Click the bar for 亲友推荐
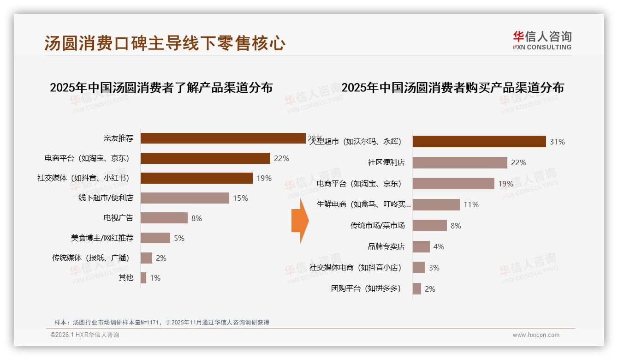pyautogui.click(x=223, y=138)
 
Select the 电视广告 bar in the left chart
pyautogui.click(x=164, y=218)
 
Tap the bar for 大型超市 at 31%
pyautogui.click(x=479, y=142)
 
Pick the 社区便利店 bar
pyautogui.click(x=460, y=162)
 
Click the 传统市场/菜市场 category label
pyautogui.click(x=377, y=226)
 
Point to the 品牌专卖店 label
pyautogui.click(x=386, y=246)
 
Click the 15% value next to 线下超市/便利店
pyautogui.click(x=240, y=198)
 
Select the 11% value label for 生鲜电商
pyautogui.click(x=471, y=204)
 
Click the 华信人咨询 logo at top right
pyautogui.click(x=542, y=40)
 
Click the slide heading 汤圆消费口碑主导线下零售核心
pyautogui.click(x=165, y=43)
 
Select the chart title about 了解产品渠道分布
pyautogui.click(x=161, y=87)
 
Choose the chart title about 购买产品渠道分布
pyautogui.click(x=452, y=87)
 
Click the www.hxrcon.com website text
pyautogui.click(x=536, y=335)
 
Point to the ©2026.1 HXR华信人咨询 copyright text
pyautogui.click(x=85, y=335)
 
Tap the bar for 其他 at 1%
pyautogui.click(x=143, y=278)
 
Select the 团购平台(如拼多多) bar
pyautogui.click(x=417, y=289)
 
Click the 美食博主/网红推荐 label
pyautogui.click(x=102, y=238)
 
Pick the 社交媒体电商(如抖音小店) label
pyautogui.click(x=355, y=268)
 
